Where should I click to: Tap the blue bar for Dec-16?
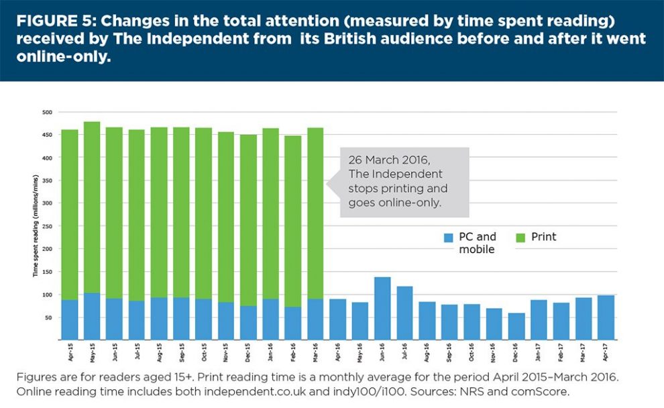pyautogui.click(x=516, y=326)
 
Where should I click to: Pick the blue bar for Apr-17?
pyautogui.click(x=606, y=317)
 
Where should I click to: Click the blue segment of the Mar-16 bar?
pyautogui.click(x=315, y=319)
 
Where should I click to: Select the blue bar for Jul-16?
pyautogui.click(x=404, y=312)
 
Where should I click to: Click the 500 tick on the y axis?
pyautogui.click(x=47, y=112)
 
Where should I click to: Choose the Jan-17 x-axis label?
pyautogui.click(x=540, y=352)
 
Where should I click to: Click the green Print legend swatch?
pyautogui.click(x=520, y=238)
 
